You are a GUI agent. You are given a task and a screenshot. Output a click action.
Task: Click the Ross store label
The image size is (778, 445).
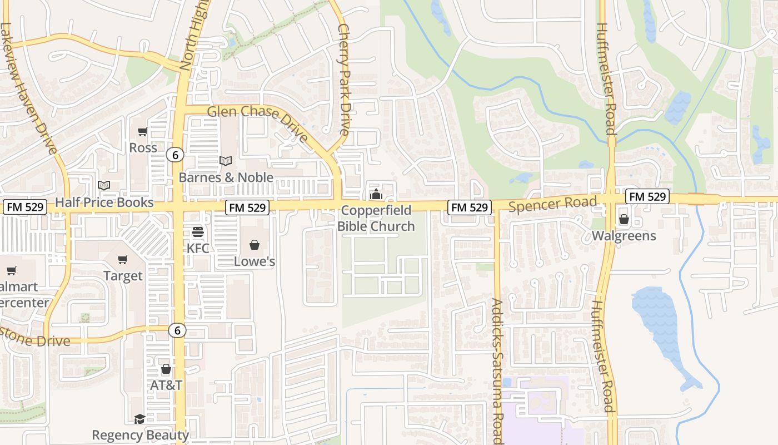143,148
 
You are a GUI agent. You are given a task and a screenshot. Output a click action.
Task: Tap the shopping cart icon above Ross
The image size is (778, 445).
143,132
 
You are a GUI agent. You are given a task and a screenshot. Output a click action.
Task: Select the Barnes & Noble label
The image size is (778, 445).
226,177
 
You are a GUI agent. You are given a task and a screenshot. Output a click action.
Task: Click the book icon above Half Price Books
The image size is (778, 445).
104,185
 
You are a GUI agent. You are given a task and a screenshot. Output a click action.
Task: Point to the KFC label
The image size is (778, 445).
198,248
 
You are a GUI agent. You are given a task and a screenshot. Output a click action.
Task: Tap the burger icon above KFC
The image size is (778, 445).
198,231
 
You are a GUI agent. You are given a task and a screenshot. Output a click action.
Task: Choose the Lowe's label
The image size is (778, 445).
255,261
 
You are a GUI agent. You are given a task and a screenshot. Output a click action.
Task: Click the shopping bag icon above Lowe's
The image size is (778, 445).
255,245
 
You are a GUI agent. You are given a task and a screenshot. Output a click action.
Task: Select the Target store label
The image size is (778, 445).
123,276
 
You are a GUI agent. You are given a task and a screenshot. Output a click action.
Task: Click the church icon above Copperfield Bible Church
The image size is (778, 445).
376,195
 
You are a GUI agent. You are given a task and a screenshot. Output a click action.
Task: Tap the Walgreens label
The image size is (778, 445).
624,236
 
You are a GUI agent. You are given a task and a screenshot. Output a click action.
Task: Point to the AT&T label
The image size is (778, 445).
166,385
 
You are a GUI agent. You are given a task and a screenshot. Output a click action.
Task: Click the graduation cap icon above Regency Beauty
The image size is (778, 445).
139,419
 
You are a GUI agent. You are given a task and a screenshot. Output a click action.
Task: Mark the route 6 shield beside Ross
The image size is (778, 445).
175,155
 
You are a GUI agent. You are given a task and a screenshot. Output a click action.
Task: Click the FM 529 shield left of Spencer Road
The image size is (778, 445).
470,207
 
